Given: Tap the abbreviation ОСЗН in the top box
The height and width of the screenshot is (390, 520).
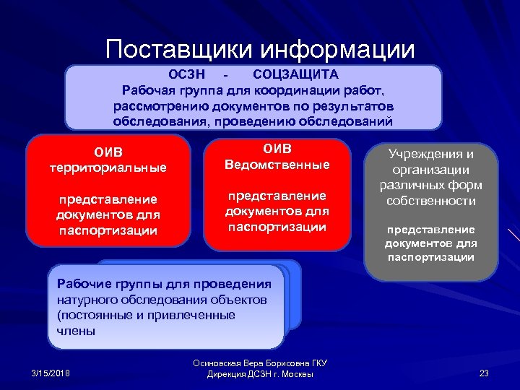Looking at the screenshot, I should click(187, 74).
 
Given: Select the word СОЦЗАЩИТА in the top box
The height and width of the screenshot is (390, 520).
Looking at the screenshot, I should click(296, 74).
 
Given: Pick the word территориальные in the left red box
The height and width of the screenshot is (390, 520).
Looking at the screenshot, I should click(108, 167).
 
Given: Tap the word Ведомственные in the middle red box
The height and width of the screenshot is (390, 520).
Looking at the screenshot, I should click(277, 165).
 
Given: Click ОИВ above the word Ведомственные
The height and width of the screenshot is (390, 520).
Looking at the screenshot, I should click(277, 149).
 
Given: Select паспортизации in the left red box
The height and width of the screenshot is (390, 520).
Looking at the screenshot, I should click(108, 230).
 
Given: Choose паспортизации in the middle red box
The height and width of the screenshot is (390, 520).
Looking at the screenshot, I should click(277, 227).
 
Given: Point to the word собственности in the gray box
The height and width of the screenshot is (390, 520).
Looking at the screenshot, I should click(430, 201).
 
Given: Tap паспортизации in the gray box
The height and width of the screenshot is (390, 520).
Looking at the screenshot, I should click(430, 256).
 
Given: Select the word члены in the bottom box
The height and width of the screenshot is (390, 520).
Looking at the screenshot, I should click(75, 331).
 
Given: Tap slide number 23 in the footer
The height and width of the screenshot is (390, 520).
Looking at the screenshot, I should click(484, 373).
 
